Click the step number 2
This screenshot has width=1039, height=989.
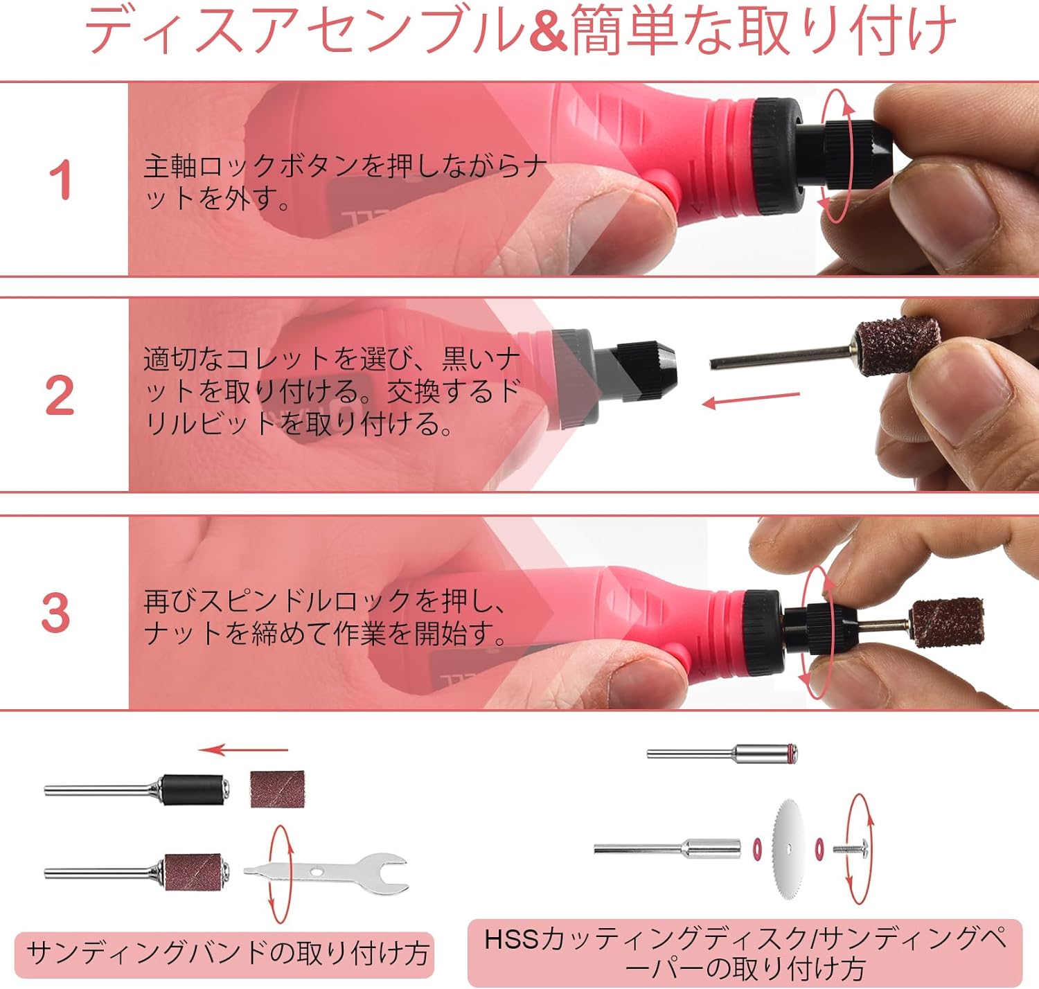point(60,395)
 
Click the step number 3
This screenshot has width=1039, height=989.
point(56,613)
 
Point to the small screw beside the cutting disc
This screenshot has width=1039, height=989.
point(851,849)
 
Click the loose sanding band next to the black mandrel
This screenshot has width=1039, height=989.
point(278,789)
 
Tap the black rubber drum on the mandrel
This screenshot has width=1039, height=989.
point(193,790)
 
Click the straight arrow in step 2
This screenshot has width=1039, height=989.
point(751,400)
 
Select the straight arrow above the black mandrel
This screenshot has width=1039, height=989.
point(243,749)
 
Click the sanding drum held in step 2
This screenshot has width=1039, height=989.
point(898,346)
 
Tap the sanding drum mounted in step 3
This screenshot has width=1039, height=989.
point(946,623)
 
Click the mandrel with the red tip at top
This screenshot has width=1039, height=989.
point(722,753)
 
